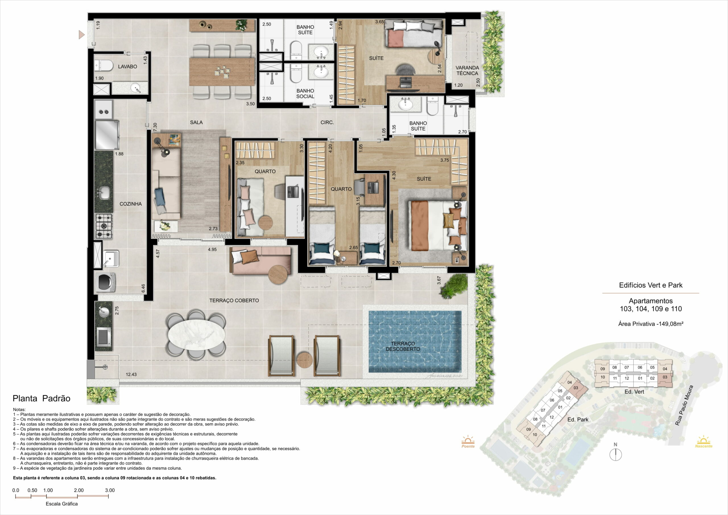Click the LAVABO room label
coord(127,67)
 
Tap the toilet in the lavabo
coord(104,66)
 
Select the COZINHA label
coord(130,204)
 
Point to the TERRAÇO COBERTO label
coord(234,300)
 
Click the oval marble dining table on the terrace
coord(196,335)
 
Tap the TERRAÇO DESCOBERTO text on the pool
coord(403,346)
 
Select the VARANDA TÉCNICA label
coord(467,71)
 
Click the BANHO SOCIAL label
coord(305,94)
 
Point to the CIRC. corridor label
coord(327,122)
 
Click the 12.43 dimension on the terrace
coord(131,375)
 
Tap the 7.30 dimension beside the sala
coord(155,127)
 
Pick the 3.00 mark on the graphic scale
coord(110,490)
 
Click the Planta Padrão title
coord(42,399)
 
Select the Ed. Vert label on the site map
coord(634,392)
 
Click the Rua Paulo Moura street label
coord(684,405)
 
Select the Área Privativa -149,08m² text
coord(651,324)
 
